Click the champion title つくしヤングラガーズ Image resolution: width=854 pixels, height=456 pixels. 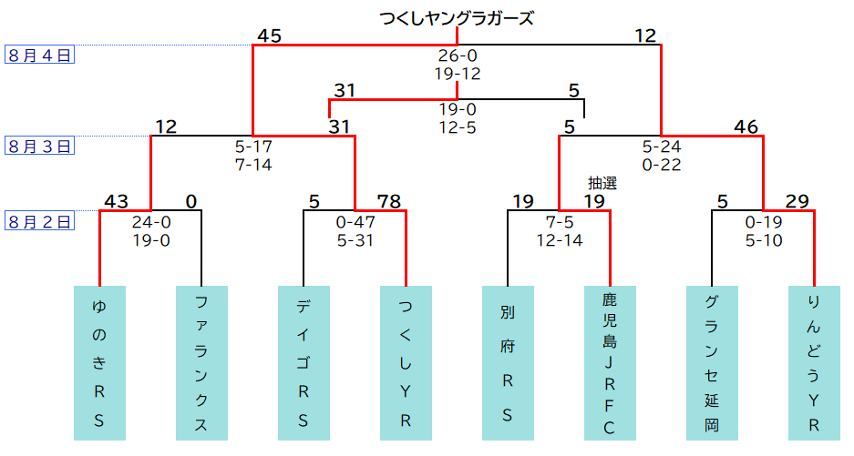coord(457,17)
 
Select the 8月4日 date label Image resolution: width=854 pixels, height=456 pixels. coord(40,55)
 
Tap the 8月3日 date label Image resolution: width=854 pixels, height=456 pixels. coord(40,146)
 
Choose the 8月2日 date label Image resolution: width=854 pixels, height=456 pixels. coord(40,220)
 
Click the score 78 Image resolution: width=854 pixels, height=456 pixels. coord(388,201)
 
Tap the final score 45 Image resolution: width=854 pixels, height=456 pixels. coord(269,35)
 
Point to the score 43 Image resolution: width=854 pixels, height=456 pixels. coord(116,201)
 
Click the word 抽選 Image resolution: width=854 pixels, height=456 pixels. coord(602,183)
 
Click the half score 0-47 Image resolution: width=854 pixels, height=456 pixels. coord(355,221)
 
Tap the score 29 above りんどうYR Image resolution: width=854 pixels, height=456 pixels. coord(797,201)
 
